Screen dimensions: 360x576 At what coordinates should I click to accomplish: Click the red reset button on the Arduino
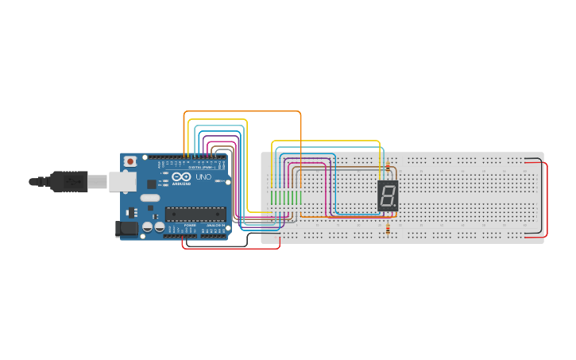[x=130, y=161]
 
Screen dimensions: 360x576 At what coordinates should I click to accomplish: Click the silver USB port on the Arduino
[x=122, y=182]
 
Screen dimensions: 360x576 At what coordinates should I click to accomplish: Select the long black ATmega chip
[x=195, y=213]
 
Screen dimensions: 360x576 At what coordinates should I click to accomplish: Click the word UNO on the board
[x=203, y=177]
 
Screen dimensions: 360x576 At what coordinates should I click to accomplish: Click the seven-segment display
[x=388, y=195]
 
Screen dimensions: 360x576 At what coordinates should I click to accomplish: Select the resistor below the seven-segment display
[x=387, y=229]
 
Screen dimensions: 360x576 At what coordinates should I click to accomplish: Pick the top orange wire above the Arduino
[x=242, y=112]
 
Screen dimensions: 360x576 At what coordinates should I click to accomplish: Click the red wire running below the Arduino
[x=230, y=248]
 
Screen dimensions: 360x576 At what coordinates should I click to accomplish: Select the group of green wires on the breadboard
[x=285, y=197]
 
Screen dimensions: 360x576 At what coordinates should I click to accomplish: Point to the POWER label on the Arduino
[x=190, y=226]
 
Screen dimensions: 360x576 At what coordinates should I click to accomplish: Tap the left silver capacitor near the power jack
[x=148, y=227]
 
